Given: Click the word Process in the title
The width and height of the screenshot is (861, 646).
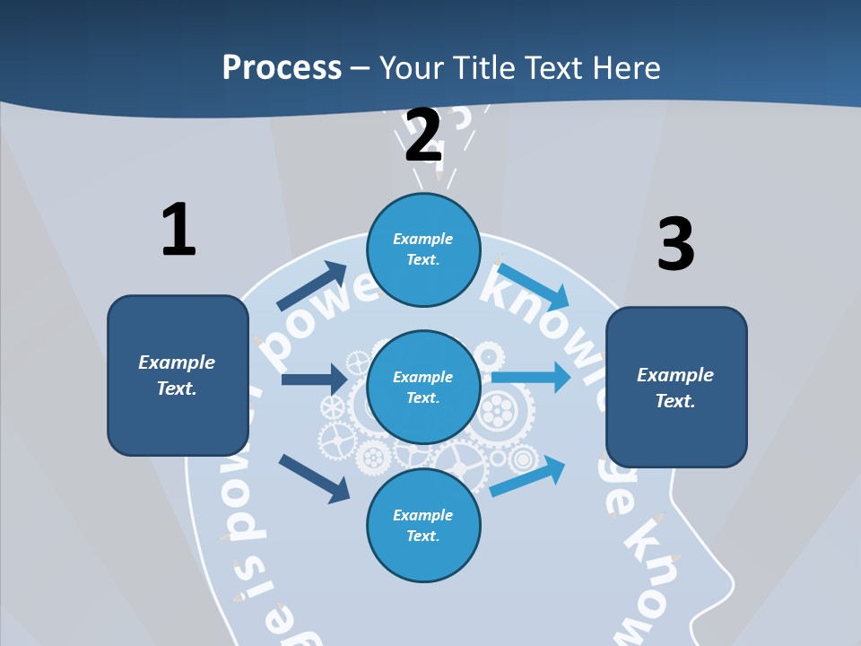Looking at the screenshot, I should (x=282, y=67).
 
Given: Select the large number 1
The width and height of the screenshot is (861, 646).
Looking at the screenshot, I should (x=178, y=230).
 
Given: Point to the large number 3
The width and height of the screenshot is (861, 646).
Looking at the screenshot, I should (x=675, y=244).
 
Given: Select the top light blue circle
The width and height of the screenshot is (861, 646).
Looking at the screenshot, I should (x=423, y=250).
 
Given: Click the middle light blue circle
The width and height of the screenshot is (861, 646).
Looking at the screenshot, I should (x=423, y=388).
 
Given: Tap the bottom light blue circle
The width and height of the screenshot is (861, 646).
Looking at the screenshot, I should (x=423, y=526).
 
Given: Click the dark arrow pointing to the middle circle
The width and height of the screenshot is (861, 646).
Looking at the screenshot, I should (x=314, y=380).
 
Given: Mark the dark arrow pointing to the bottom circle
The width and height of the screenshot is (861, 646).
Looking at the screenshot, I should (x=314, y=478).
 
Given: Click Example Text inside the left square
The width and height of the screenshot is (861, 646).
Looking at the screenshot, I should (x=177, y=375).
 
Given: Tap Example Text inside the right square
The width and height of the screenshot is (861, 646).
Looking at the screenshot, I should (x=675, y=388).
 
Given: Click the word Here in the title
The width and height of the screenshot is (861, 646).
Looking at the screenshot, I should (x=625, y=67).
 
